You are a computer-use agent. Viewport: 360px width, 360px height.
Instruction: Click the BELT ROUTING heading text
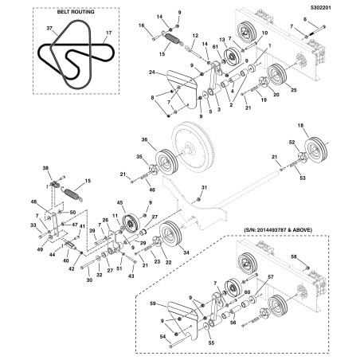tap(76, 12)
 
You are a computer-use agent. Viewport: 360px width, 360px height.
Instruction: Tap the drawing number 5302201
tap(321, 8)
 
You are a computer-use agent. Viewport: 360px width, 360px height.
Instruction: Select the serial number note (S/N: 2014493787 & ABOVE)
tap(278, 230)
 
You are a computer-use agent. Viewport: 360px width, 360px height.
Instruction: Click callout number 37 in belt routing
tap(49, 28)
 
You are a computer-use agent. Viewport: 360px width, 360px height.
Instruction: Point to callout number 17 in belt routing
tap(109, 33)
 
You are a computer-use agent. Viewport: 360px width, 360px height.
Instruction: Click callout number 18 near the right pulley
tap(300, 125)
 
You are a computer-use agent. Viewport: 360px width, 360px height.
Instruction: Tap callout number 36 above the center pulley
tap(144, 139)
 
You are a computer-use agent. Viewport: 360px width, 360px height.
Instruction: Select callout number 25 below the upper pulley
tap(294, 90)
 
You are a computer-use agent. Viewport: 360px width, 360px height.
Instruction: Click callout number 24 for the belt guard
tap(152, 72)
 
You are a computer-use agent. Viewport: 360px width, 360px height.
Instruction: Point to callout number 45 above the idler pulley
tap(120, 203)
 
